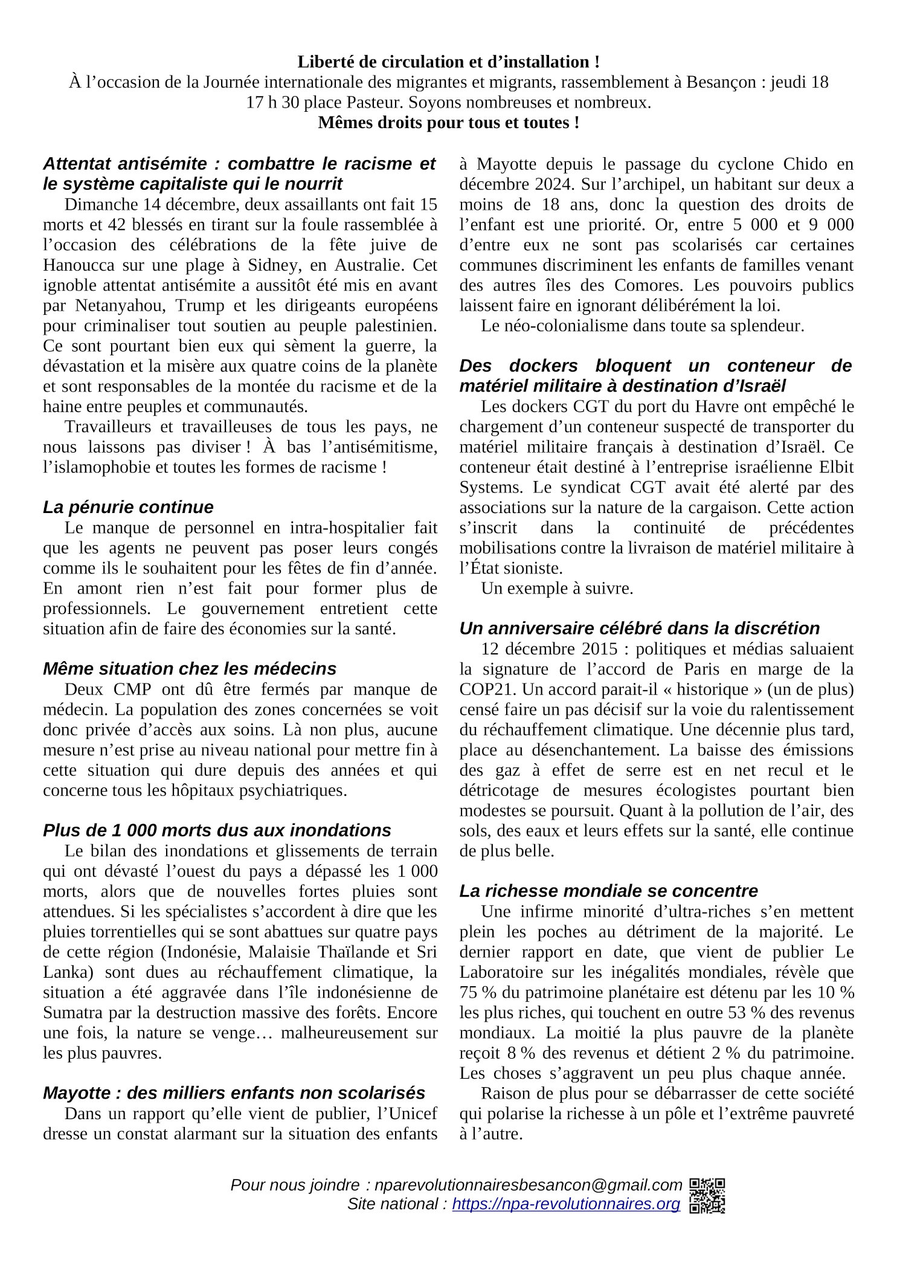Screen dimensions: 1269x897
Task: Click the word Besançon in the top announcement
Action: [x=721, y=82]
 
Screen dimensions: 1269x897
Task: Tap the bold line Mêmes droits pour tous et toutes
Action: [x=448, y=123]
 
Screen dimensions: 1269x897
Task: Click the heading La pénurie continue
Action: [x=128, y=507]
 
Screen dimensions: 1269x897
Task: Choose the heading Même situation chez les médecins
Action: [x=189, y=669]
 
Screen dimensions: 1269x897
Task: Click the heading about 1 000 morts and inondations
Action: [x=217, y=830]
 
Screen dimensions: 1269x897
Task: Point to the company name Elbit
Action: [x=836, y=467]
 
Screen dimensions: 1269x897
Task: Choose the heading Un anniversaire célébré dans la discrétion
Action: [x=639, y=628]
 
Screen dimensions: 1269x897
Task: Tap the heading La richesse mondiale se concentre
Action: [x=608, y=891]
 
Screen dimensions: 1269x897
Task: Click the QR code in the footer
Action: [x=707, y=1195]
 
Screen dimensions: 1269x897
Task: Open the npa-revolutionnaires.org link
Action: [x=566, y=1204]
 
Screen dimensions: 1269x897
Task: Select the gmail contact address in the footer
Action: [x=528, y=1185]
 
